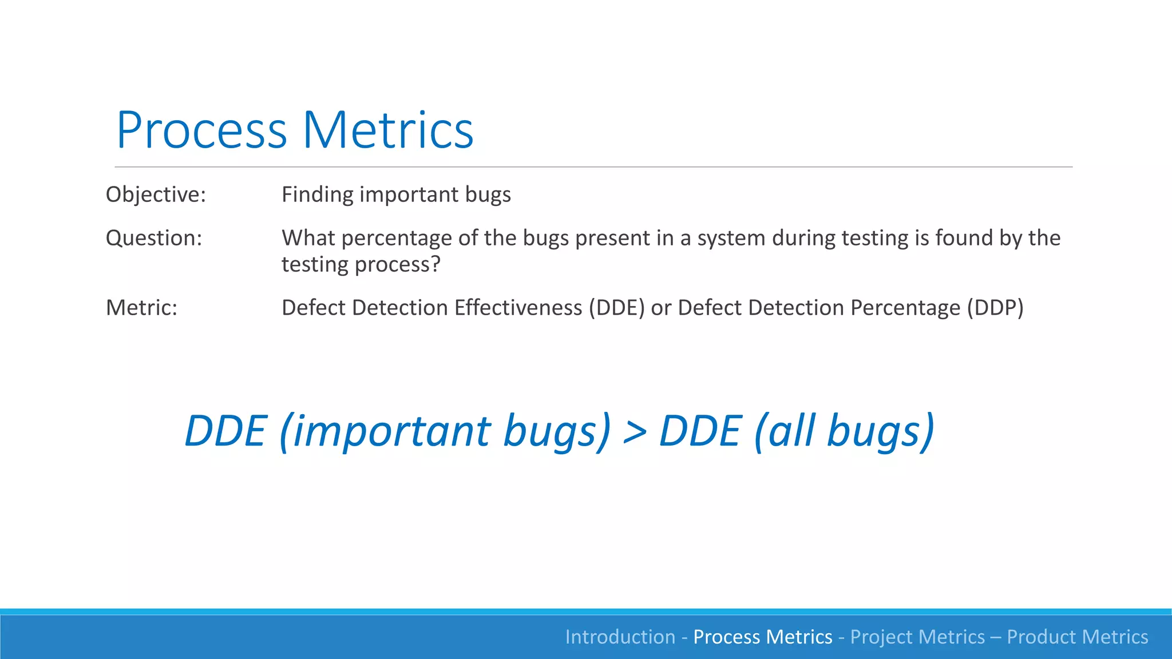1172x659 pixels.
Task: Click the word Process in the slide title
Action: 201,130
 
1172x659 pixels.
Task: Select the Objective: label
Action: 156,195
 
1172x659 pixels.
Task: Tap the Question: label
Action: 154,238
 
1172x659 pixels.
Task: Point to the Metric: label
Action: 141,308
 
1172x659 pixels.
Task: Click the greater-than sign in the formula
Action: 635,432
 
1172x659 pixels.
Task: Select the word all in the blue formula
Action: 792,432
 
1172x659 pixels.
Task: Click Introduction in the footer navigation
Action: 620,637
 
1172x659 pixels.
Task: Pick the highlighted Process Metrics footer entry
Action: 762,637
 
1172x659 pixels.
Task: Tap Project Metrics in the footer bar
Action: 917,637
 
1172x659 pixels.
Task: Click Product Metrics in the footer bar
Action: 1077,637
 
